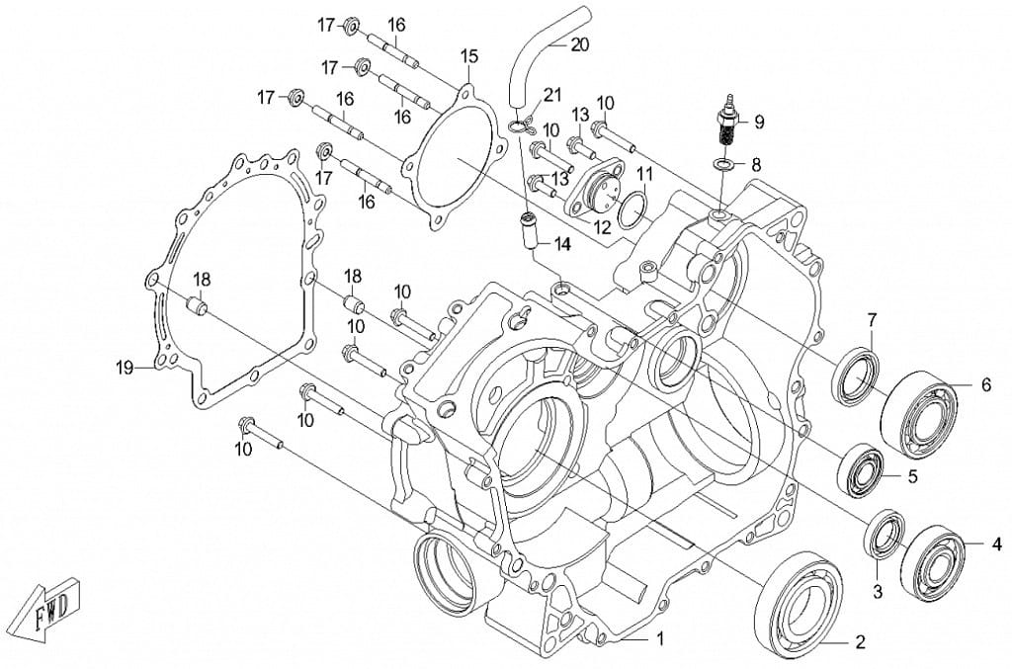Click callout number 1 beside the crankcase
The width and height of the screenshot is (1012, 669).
660,639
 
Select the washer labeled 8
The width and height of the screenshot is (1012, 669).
723,163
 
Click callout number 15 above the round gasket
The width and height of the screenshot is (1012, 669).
468,56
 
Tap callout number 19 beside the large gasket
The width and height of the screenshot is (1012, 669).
124,369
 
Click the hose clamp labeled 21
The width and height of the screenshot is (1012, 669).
521,125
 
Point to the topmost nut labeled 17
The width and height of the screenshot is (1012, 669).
351,25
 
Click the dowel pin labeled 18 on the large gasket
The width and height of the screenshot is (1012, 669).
197,307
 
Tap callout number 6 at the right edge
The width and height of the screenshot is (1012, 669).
984,385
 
